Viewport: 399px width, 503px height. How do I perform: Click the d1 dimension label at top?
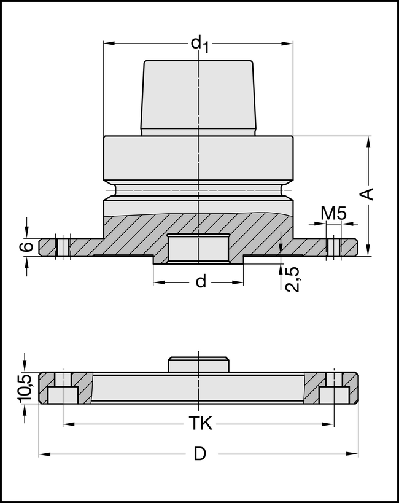(199, 44)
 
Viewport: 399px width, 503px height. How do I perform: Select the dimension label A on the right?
(366, 193)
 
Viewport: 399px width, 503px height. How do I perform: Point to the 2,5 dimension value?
(293, 278)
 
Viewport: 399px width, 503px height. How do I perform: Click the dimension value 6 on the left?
(25, 247)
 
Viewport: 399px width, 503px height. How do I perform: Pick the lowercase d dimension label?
(200, 282)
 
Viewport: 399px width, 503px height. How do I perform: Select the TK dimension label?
(199, 424)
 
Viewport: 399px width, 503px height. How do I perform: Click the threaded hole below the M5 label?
(334, 246)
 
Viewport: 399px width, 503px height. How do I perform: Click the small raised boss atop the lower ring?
(198, 364)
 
